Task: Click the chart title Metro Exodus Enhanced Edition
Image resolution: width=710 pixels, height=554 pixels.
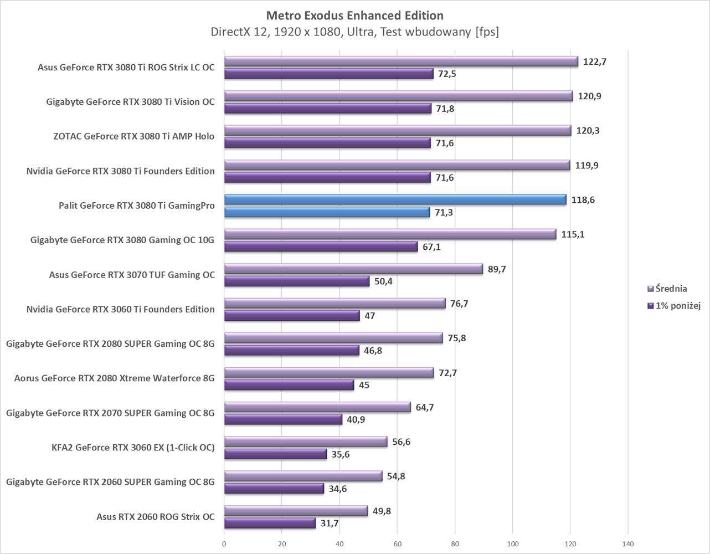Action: tap(354, 15)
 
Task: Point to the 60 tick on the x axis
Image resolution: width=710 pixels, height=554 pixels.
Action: tap(397, 544)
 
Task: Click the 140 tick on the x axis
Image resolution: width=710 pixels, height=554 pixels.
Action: tap(628, 544)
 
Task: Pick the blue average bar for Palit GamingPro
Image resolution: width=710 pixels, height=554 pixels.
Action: tap(395, 200)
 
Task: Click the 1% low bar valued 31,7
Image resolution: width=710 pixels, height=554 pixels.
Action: tap(270, 523)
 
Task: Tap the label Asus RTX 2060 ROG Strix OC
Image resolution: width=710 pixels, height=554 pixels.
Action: tap(155, 517)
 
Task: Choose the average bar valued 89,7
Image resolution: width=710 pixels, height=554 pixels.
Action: tap(353, 269)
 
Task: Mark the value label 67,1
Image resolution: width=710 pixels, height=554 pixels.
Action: tap(431, 247)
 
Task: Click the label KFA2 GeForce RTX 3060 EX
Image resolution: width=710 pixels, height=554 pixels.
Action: tap(133, 448)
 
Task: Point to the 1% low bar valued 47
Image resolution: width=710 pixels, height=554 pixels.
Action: tap(292, 316)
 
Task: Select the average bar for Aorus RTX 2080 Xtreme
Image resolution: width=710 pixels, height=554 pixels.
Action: tap(329, 373)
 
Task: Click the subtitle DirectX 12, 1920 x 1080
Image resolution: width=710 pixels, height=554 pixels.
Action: tap(354, 32)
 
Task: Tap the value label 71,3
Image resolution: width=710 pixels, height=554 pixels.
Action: tap(444, 212)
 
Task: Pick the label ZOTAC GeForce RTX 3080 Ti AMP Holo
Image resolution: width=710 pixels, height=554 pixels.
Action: tap(133, 136)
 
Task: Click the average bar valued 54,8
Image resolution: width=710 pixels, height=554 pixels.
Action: tap(303, 476)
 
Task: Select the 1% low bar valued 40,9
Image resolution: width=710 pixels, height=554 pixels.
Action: tap(283, 419)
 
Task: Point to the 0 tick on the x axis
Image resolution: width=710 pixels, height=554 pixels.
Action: tap(224, 544)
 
